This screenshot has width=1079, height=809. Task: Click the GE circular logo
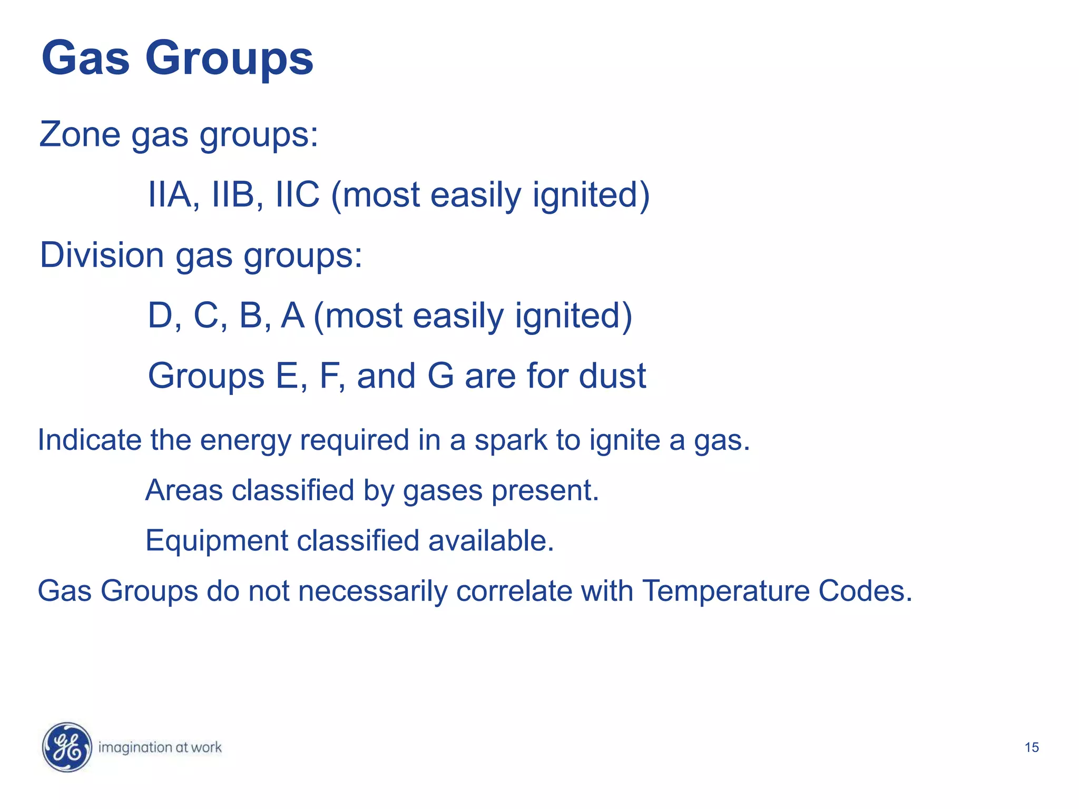click(67, 747)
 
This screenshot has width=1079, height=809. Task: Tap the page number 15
click(1032, 747)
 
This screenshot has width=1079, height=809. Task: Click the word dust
click(612, 376)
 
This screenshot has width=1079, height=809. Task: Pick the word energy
click(246, 440)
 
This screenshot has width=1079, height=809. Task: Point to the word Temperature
click(725, 591)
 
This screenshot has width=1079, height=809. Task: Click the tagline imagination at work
click(160, 747)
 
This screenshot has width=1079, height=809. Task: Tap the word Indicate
click(90, 440)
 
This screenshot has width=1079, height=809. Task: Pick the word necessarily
click(372, 591)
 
